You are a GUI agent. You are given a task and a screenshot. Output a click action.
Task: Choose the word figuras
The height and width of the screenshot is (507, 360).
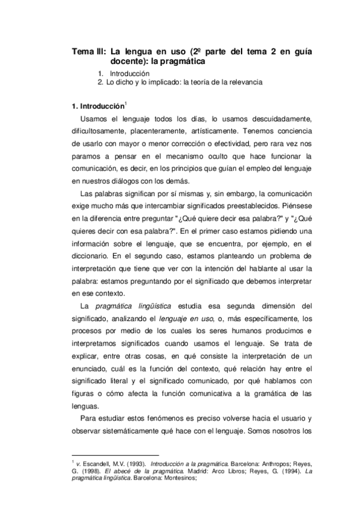tap(84, 394)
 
